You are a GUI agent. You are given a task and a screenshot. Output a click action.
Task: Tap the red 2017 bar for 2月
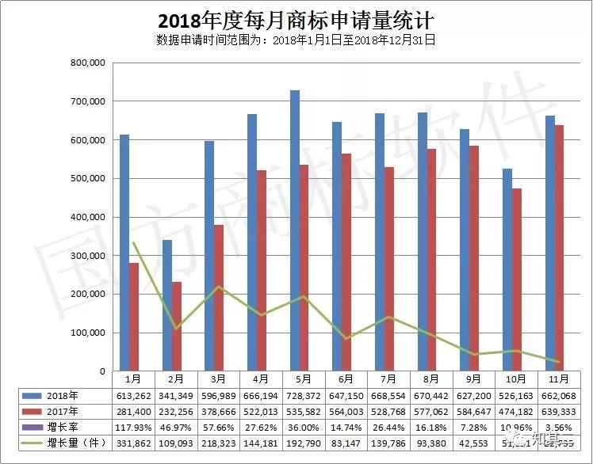click(176, 326)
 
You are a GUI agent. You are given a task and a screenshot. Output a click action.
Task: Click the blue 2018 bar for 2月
click(166, 305)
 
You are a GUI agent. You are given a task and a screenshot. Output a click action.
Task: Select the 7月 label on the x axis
click(389, 380)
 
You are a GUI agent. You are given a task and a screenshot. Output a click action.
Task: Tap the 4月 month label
click(262, 380)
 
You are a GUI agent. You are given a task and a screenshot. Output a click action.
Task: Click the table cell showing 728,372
click(304, 395)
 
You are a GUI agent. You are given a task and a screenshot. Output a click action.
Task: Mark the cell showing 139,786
click(389, 443)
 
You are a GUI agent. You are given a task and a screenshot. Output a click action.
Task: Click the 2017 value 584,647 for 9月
click(474, 411)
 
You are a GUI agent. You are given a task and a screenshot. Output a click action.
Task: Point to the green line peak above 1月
click(134, 243)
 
